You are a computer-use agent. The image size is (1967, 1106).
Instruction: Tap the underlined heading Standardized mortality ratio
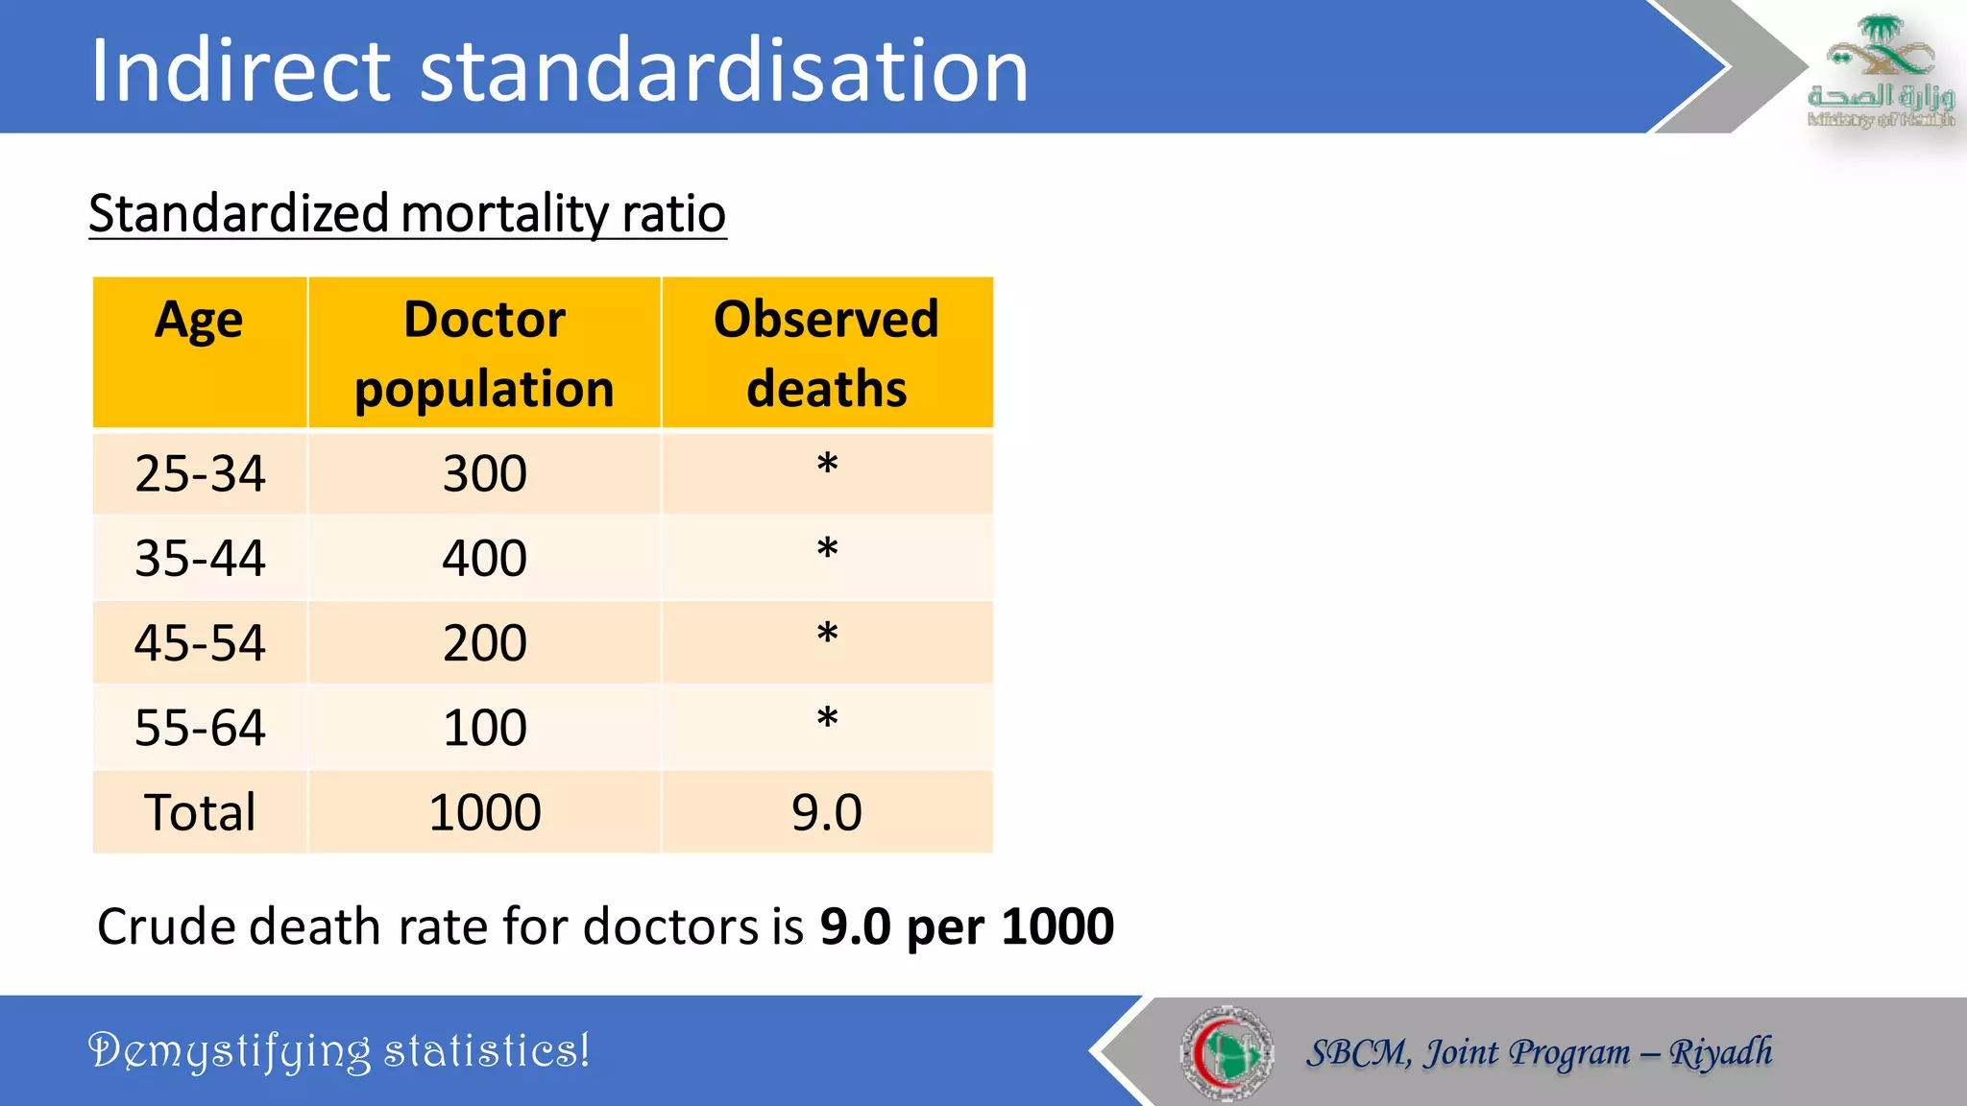click(x=407, y=213)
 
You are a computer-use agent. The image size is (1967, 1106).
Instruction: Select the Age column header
click(x=199, y=320)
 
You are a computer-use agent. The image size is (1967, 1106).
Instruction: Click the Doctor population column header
click(x=484, y=353)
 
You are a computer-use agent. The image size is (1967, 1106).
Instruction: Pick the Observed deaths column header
click(x=826, y=353)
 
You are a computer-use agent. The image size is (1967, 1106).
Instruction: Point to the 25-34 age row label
click(x=200, y=474)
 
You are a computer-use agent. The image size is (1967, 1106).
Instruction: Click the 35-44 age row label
click(x=200, y=559)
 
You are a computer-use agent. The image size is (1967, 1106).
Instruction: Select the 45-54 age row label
click(x=200, y=643)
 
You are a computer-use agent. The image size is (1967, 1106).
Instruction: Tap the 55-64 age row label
click(x=200, y=728)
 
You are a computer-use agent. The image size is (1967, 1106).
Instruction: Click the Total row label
click(x=200, y=812)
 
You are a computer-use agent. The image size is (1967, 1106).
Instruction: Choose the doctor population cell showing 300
click(x=484, y=474)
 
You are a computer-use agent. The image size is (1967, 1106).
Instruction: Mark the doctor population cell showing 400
click(x=484, y=559)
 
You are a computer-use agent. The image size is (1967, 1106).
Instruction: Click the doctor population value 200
click(x=484, y=643)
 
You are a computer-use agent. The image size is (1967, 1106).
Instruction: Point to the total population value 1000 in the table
click(x=484, y=812)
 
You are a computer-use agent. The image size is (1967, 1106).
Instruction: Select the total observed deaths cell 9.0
click(x=826, y=812)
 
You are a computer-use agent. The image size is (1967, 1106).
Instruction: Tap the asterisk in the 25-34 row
click(x=827, y=465)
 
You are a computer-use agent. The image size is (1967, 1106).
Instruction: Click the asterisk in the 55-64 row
click(x=827, y=718)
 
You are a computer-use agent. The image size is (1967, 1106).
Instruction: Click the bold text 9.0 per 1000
click(x=966, y=927)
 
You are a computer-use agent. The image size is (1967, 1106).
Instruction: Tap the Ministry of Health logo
click(x=1881, y=71)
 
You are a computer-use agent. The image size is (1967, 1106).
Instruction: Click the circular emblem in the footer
click(x=1226, y=1052)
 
